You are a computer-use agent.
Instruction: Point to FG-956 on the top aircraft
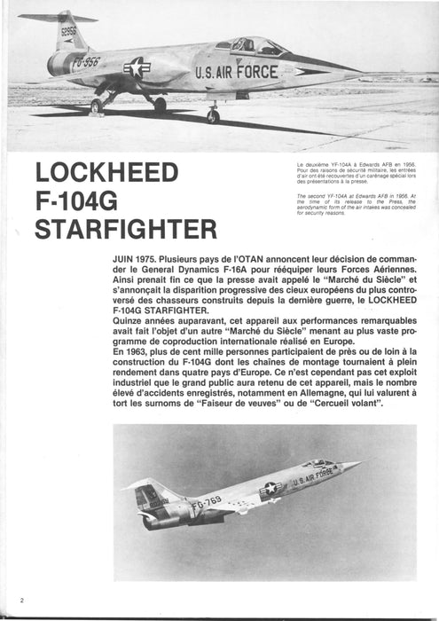click(87, 64)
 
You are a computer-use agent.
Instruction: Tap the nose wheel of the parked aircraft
click(213, 115)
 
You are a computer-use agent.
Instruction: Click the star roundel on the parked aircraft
click(137, 67)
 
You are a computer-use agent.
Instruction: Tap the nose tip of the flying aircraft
click(362, 461)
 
